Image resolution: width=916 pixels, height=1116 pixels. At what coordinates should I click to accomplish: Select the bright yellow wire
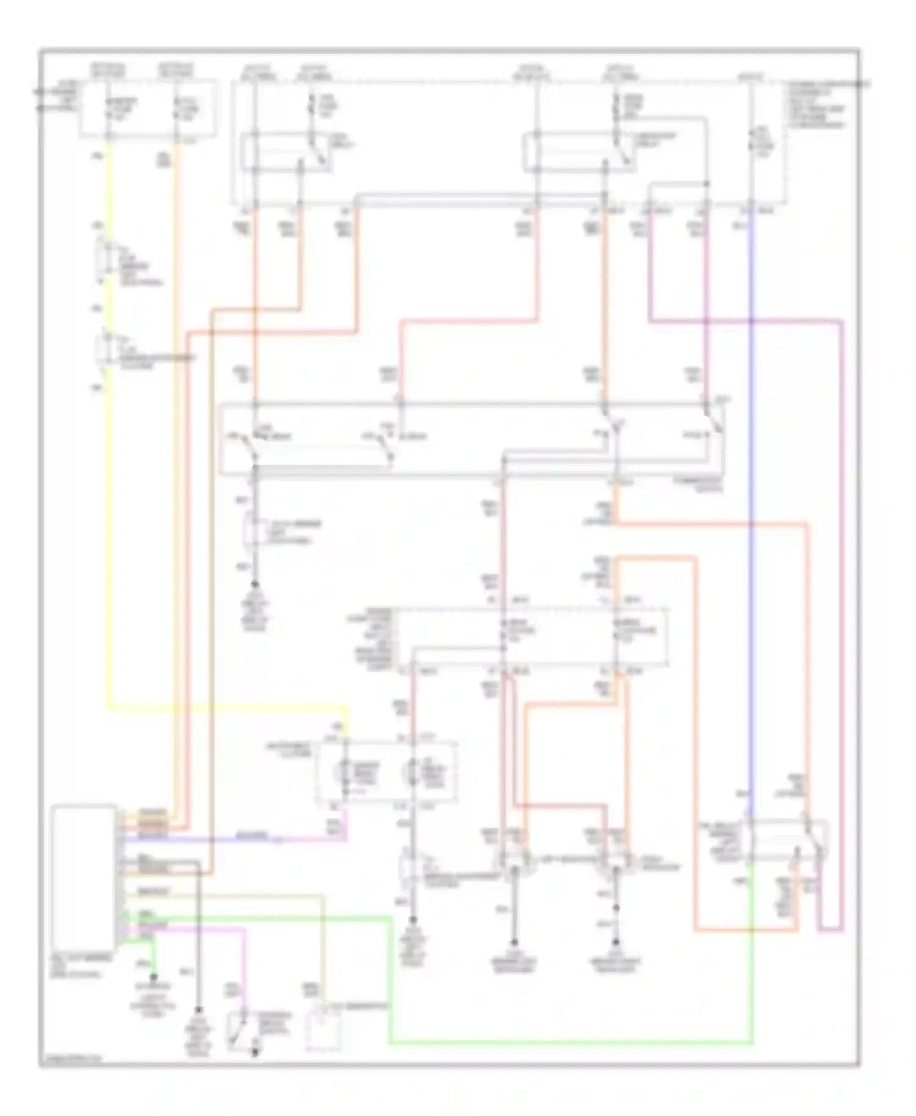[x=111, y=488]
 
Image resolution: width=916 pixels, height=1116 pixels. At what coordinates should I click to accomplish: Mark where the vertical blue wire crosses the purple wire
[x=751, y=320]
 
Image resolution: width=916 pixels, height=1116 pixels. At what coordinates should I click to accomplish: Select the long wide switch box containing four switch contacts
[x=473, y=438]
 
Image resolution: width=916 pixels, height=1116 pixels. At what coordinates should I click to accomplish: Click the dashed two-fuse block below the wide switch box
[x=531, y=635]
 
